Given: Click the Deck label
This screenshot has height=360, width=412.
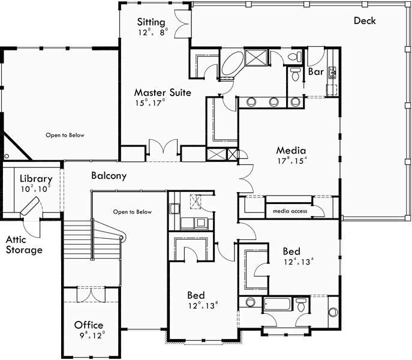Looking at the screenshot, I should pyautogui.click(x=365, y=20).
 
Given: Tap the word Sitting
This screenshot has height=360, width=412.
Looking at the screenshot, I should pyautogui.click(x=152, y=22).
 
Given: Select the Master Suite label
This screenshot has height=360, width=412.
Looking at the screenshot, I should pyautogui.click(x=163, y=92).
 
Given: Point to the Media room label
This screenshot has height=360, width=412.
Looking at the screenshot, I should pyautogui.click(x=291, y=151).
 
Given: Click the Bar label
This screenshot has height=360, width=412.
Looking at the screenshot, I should pyautogui.click(x=316, y=71).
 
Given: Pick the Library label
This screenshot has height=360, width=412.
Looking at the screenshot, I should pyautogui.click(x=36, y=179).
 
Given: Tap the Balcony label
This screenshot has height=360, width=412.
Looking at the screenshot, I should pyautogui.click(x=109, y=176).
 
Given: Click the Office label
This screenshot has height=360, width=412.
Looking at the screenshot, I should pyautogui.click(x=89, y=325).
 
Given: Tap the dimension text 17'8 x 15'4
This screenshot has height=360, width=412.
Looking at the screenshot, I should pyautogui.click(x=291, y=161).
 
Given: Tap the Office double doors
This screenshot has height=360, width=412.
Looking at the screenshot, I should pyautogui.click(x=90, y=295).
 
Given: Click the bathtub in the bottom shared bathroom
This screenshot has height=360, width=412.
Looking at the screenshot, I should pyautogui.click(x=278, y=304).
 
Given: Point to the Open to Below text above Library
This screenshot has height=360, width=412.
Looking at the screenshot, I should pyautogui.click(x=65, y=135).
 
